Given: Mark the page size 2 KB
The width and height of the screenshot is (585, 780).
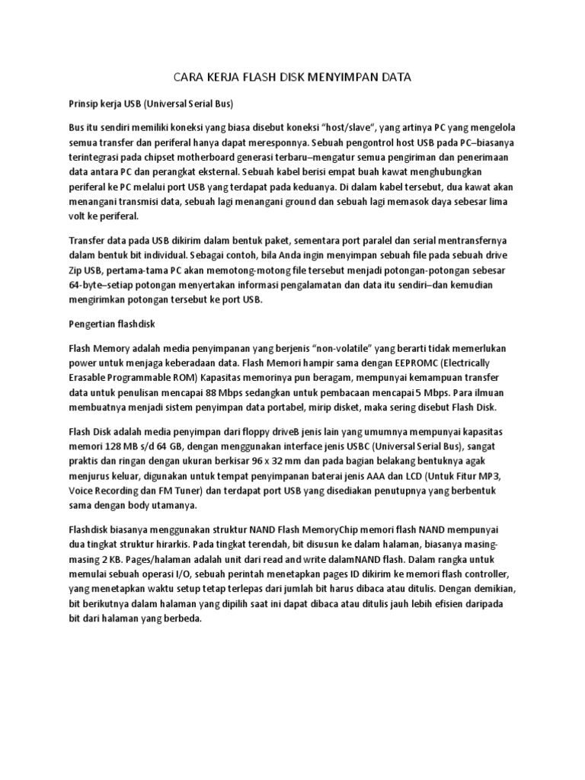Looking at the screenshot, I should coord(102,558).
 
